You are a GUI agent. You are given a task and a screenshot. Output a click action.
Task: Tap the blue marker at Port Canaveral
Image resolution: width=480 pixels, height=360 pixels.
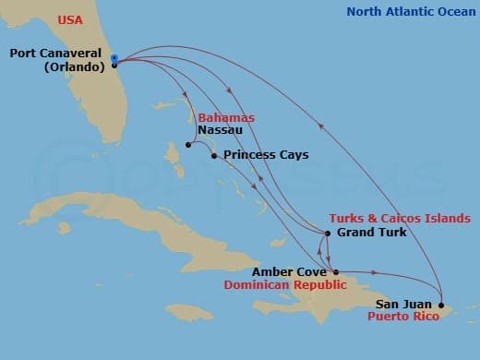tap(114, 59)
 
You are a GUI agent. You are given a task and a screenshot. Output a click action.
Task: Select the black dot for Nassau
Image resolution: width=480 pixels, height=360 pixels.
tap(187, 145)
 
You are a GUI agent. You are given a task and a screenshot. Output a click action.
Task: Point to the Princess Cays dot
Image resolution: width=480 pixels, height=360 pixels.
tap(214, 155)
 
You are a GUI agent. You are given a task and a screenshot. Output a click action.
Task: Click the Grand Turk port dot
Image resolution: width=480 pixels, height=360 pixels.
tap(328, 233)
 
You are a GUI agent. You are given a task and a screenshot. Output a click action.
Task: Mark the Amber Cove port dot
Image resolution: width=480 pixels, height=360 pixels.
tap(335, 272)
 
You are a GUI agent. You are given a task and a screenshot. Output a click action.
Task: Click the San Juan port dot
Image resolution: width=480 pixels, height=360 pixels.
tap(441, 305)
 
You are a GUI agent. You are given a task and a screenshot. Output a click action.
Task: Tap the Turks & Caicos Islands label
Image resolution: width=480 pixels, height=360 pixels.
tap(400, 219)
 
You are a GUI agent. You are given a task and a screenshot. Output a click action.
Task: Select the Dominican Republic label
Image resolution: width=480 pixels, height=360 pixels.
tap(285, 285)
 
